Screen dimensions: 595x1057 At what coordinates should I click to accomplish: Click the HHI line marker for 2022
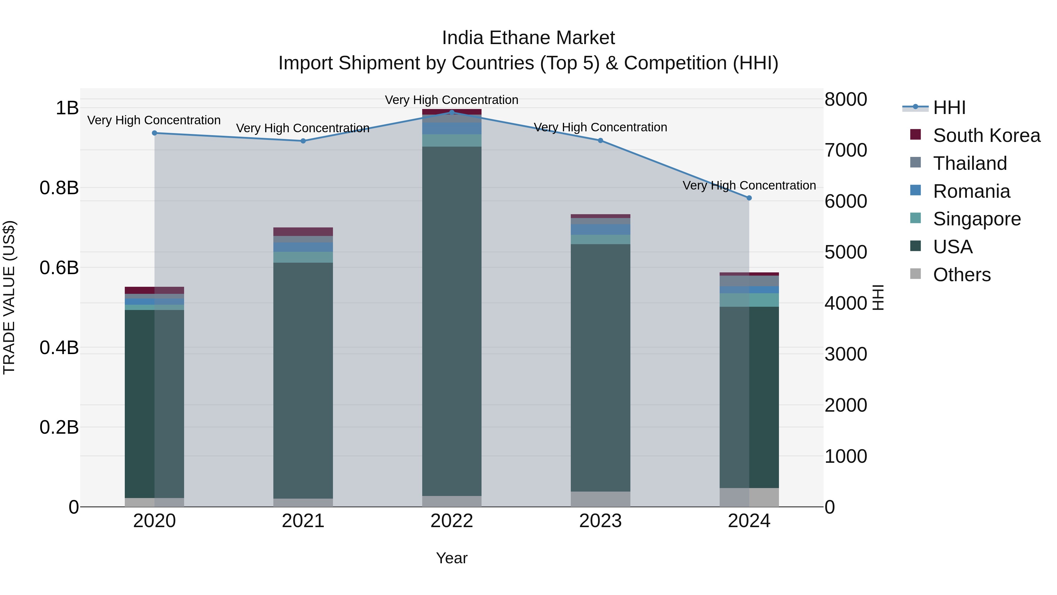click(452, 112)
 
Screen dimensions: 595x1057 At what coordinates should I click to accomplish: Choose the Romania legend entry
click(971, 191)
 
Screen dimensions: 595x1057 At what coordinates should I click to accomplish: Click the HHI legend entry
click(949, 108)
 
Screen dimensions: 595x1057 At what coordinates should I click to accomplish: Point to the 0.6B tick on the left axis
click(59, 268)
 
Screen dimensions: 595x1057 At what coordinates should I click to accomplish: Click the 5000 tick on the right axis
click(846, 252)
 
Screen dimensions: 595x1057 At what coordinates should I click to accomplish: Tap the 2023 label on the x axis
click(600, 521)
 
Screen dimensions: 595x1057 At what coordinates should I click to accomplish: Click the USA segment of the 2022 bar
click(452, 320)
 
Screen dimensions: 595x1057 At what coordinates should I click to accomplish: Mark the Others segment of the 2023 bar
click(600, 499)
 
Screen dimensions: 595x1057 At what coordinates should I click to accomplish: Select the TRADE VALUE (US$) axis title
click(9, 297)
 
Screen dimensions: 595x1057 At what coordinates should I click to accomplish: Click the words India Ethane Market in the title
click(528, 38)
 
